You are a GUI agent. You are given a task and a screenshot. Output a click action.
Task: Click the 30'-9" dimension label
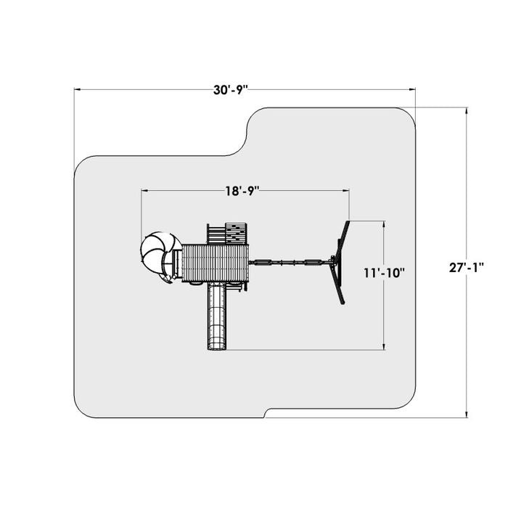point(230,90)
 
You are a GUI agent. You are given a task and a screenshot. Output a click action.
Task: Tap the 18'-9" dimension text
point(242,191)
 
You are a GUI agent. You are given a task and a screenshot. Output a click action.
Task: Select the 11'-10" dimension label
point(384,273)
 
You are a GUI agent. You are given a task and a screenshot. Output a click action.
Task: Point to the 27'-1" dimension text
point(466,268)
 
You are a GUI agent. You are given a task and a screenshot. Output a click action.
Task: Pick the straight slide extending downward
point(217,316)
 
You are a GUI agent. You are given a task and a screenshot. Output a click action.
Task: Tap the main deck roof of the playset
point(215,263)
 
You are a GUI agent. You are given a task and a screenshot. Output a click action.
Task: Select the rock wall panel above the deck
point(236,233)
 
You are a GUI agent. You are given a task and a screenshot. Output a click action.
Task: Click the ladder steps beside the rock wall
point(216,234)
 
